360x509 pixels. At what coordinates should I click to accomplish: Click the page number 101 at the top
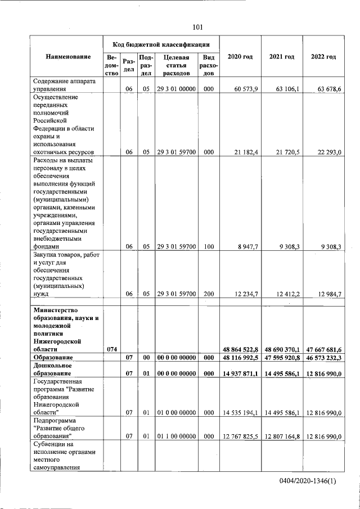[x=197, y=27]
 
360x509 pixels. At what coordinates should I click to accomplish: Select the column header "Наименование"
[x=68, y=57]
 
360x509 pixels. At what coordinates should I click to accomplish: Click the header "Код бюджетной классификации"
[x=161, y=44]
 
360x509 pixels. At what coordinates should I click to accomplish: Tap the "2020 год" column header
[x=238, y=57]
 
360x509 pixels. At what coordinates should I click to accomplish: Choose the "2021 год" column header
[x=282, y=57]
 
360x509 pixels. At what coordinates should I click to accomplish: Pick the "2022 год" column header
[x=323, y=57]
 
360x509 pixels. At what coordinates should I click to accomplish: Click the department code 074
[x=111, y=349]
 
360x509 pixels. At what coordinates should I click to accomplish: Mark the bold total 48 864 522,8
[x=240, y=349]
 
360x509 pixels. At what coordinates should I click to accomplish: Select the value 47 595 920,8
[x=282, y=358]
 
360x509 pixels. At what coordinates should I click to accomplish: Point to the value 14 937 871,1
[x=240, y=373]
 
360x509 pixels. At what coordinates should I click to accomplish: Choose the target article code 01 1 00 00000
[x=176, y=436]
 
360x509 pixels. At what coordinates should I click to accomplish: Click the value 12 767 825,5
[x=240, y=436]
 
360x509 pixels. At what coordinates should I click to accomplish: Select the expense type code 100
[x=208, y=246]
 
